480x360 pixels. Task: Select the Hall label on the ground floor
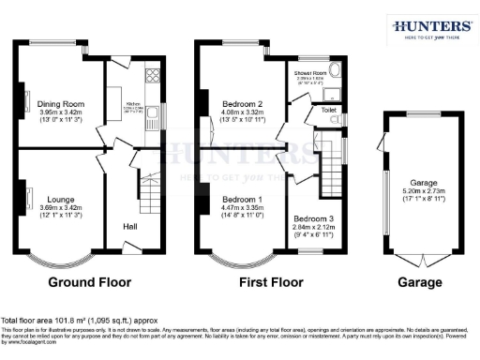pyautogui.click(x=128, y=226)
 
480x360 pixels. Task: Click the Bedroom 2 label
pyautogui.click(x=240, y=105)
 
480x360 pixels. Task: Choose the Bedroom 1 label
pyautogui.click(x=240, y=199)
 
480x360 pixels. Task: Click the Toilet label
pyautogui.click(x=328, y=110)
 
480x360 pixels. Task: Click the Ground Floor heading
pyautogui.click(x=82, y=281)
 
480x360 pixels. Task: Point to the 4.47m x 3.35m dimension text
pyautogui.click(x=240, y=208)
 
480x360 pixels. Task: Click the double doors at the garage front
pyautogui.click(x=418, y=259)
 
